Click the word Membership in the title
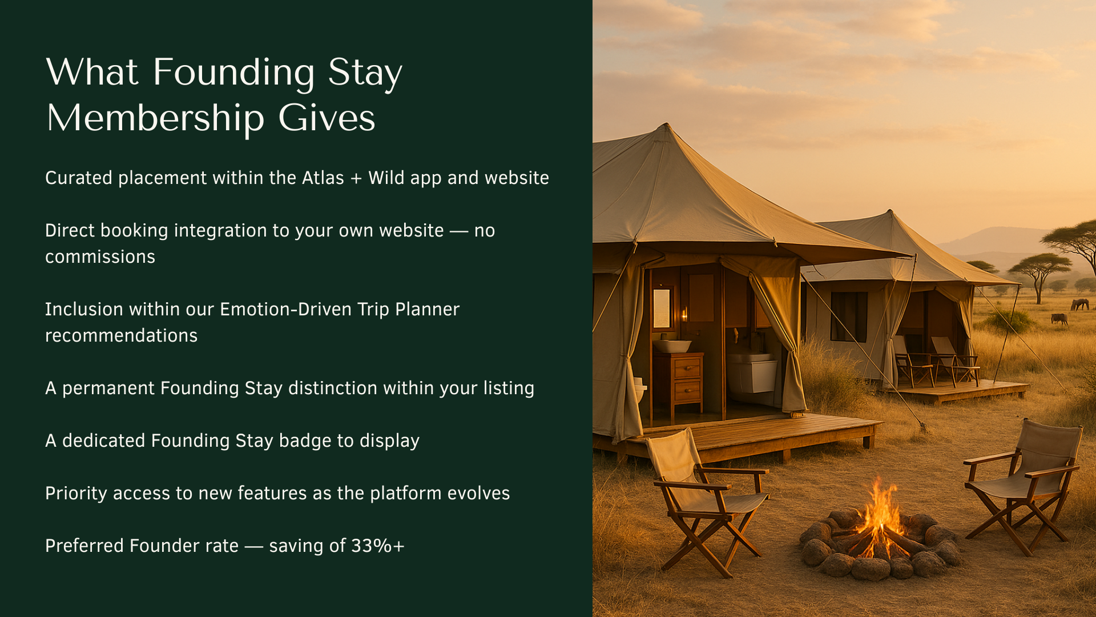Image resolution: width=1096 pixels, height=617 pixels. click(x=155, y=119)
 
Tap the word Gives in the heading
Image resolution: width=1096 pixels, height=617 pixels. click(x=327, y=118)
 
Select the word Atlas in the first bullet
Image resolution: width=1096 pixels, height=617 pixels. click(x=323, y=178)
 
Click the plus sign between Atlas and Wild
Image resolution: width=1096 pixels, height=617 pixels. click(x=356, y=179)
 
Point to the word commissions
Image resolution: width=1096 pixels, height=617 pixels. click(x=100, y=257)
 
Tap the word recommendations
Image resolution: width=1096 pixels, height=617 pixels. click(x=121, y=335)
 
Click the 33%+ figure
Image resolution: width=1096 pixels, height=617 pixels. click(x=378, y=546)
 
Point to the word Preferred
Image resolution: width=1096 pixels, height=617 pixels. click(x=84, y=546)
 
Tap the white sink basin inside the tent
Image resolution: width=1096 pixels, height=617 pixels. click(x=672, y=346)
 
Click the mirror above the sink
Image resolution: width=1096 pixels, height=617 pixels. click(x=662, y=308)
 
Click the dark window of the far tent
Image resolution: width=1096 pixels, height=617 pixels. click(x=849, y=316)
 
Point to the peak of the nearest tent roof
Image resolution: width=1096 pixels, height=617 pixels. click(x=666, y=124)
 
